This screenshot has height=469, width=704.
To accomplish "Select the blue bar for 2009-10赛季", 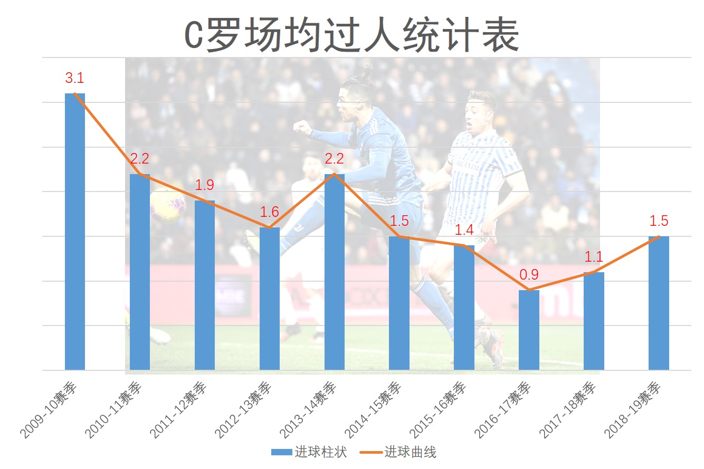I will tap(75, 232).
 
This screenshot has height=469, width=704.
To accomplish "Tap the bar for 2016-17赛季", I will tap(529, 330).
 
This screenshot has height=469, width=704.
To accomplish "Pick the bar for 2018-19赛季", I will tap(659, 303).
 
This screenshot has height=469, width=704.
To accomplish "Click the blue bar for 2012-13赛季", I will tap(270, 299).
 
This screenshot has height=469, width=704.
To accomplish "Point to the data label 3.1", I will tap(74, 79).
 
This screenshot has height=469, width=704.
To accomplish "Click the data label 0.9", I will tap(529, 275).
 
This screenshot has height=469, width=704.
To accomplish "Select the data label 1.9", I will tap(204, 185).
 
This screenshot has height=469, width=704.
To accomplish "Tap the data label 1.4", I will tap(464, 230).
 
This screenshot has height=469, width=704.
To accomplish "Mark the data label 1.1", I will tap(594, 257).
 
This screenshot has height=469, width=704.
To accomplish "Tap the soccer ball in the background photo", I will tap(167, 206).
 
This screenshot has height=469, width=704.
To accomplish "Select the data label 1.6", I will tap(269, 212).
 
